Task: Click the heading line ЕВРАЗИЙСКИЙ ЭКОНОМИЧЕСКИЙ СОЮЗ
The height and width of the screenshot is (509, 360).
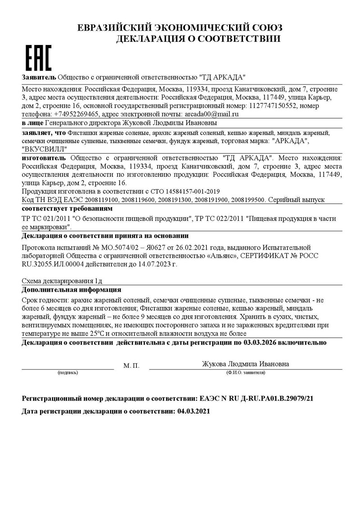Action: [180, 28]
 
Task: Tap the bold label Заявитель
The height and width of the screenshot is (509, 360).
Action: [39, 77]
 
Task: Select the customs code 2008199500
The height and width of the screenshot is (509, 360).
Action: [247, 200]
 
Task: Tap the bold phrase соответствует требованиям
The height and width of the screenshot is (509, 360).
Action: [67, 209]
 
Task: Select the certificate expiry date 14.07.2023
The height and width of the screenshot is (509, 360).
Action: [155, 264]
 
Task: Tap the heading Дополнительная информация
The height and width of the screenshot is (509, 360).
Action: [71, 290]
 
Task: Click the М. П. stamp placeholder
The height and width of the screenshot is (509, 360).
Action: [131, 366]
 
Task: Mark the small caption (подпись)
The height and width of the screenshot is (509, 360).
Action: [67, 373]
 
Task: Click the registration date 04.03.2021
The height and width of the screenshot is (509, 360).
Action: [193, 411]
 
